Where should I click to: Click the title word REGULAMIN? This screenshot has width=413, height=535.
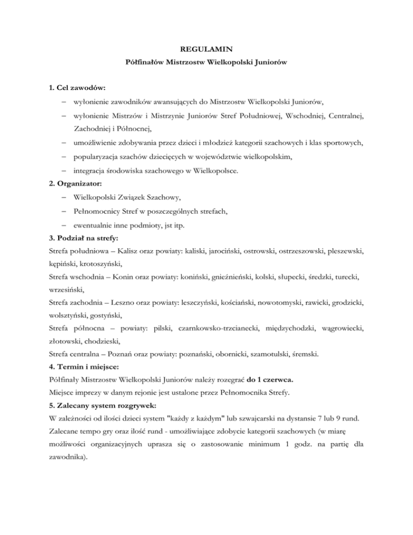tap(206, 54)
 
